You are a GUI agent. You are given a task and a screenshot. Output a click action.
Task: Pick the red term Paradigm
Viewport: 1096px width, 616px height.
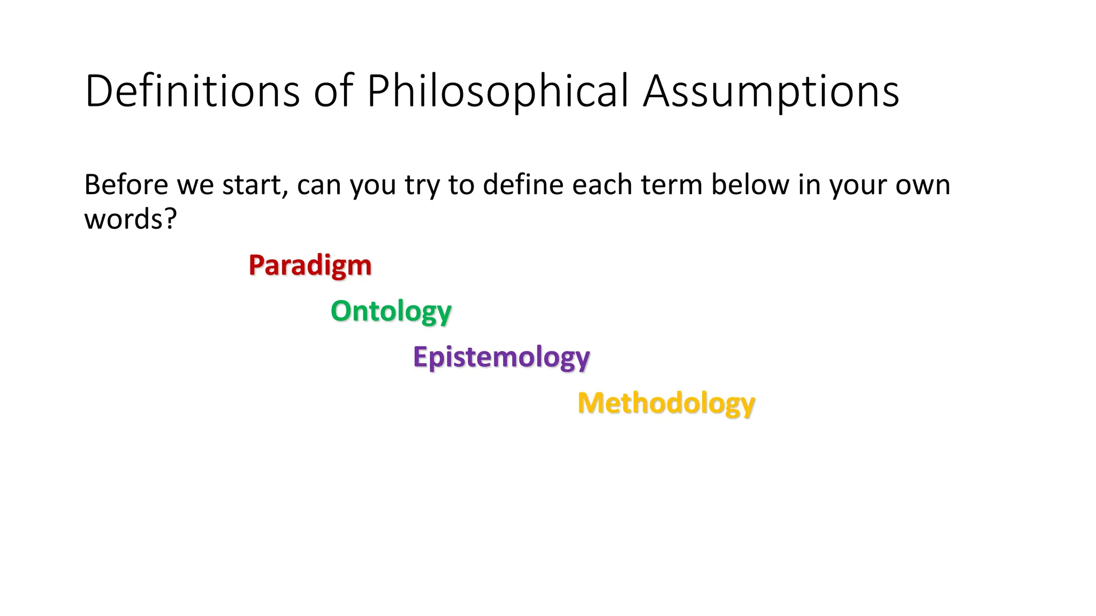[310, 265]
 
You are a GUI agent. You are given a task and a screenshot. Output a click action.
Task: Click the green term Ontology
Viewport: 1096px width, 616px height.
[391, 311]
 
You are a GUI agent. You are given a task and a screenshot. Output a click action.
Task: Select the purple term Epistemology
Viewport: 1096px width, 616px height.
[501, 357]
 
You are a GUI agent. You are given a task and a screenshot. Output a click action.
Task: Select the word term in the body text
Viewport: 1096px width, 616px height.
[671, 185]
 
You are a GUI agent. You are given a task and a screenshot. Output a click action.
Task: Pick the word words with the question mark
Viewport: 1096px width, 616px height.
[130, 219]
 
